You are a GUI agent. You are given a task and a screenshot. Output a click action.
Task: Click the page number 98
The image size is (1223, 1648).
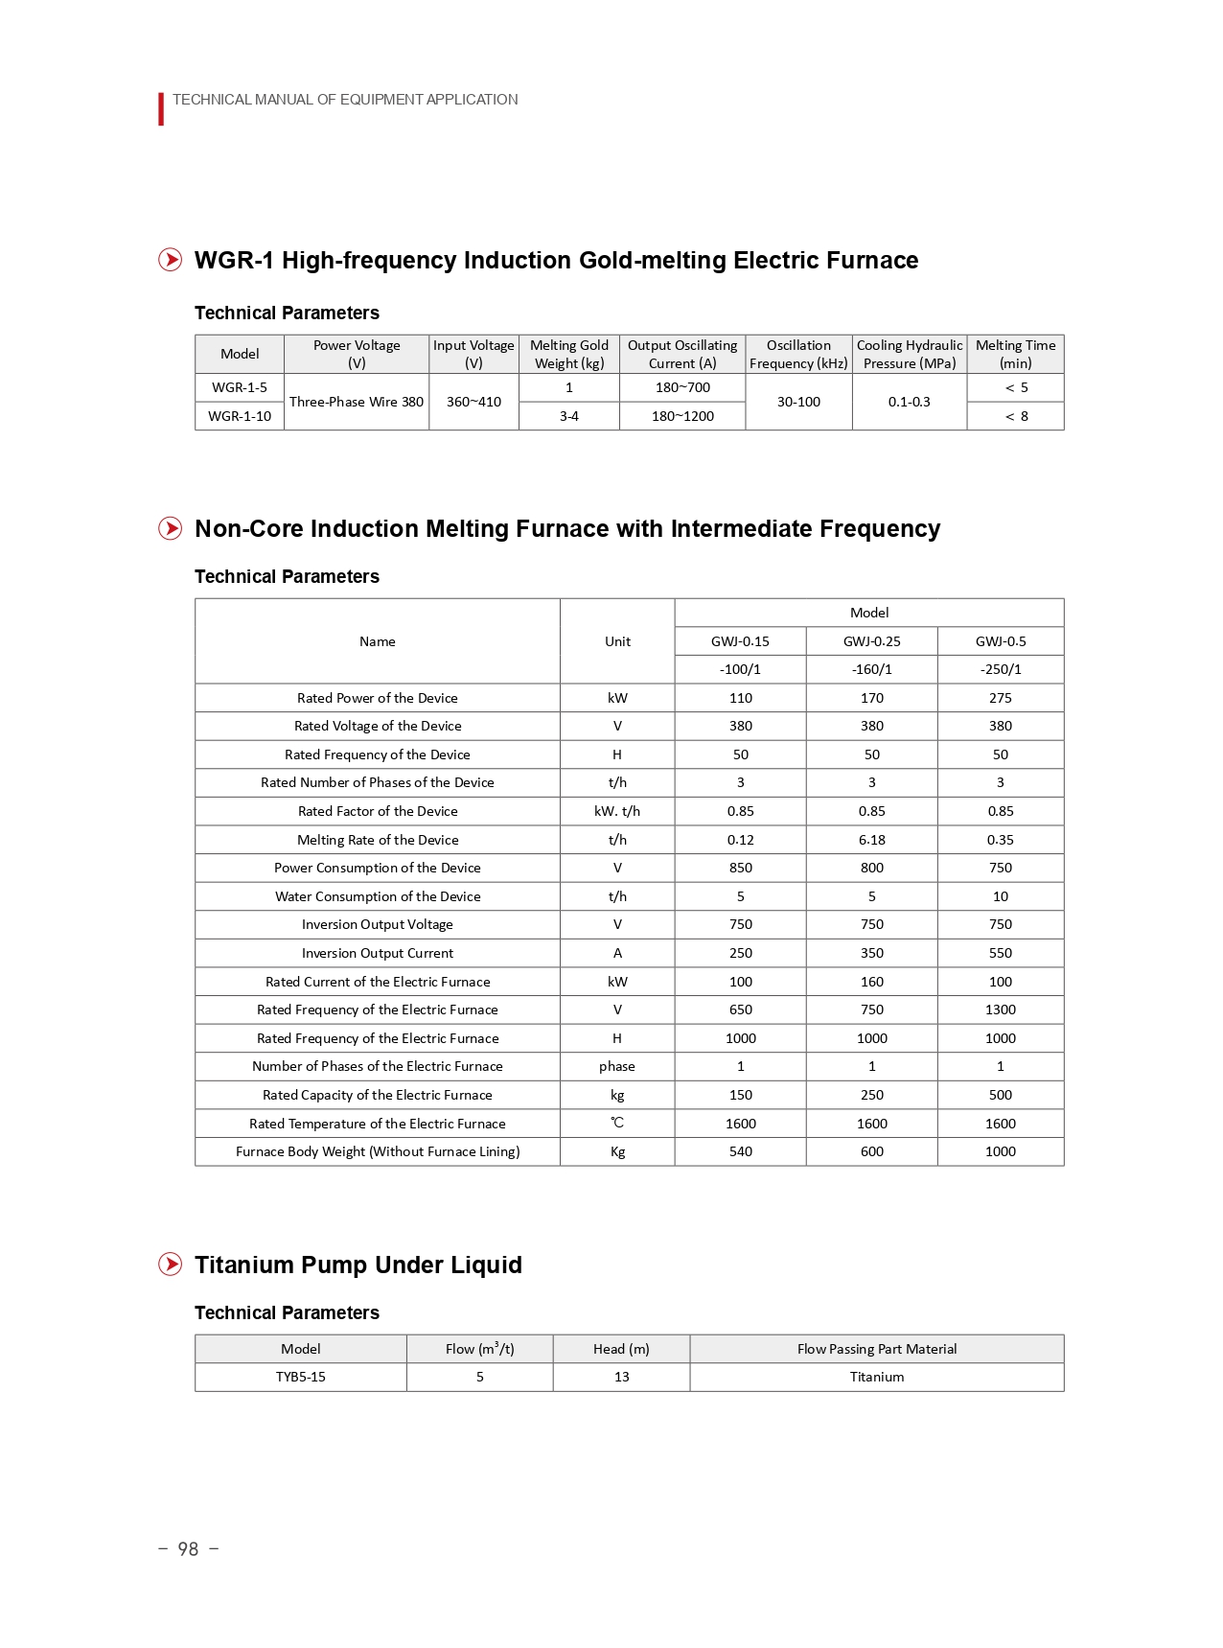tap(188, 1549)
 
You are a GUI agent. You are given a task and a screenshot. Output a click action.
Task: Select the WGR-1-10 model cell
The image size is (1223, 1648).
tap(240, 416)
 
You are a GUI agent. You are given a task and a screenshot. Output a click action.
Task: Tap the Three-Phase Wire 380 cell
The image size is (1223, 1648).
tap(357, 402)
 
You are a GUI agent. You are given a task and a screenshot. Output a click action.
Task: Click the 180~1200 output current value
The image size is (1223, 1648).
tap(682, 416)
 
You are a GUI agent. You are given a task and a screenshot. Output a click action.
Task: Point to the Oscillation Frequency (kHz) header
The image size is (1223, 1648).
tap(798, 354)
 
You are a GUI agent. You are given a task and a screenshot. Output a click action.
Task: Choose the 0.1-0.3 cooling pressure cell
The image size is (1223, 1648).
tap(909, 402)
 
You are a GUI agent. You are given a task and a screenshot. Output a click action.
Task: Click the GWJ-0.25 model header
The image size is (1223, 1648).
tap(871, 641)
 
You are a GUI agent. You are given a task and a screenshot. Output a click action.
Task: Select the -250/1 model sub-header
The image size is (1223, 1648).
tap(1000, 669)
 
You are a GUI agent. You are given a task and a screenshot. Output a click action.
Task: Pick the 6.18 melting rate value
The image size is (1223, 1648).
tap(871, 840)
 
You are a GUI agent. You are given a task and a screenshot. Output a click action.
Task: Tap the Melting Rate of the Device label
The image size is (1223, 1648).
tap(378, 840)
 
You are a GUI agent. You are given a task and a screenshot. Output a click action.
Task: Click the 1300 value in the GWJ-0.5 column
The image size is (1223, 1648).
tap(1000, 1010)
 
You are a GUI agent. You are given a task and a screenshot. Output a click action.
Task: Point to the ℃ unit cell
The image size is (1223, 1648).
tap(617, 1123)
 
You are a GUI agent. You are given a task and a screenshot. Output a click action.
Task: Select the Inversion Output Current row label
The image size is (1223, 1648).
tap(378, 953)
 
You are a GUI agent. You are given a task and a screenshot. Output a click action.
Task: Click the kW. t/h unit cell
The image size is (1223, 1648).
tap(617, 811)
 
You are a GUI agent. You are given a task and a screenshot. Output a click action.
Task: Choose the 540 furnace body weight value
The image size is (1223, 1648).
tap(740, 1151)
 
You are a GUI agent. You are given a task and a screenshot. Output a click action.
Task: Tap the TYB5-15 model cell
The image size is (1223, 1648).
tap(301, 1377)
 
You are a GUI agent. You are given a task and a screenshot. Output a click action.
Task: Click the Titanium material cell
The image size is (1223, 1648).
tap(876, 1377)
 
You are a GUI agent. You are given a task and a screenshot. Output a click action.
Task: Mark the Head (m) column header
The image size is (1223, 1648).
tap(621, 1349)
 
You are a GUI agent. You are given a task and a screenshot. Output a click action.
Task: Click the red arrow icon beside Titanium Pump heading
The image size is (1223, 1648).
tap(171, 1265)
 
